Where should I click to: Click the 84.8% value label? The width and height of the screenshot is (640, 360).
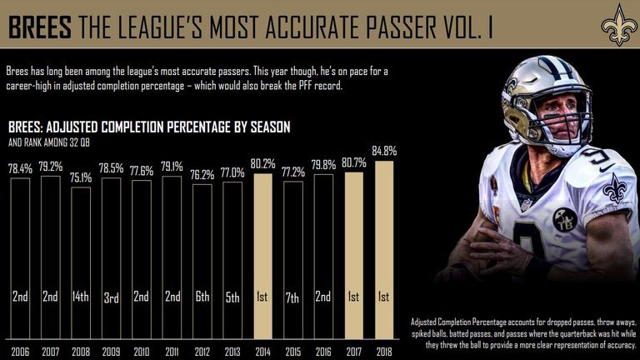click(385, 152)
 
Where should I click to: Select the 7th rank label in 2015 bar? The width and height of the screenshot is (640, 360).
click(293, 297)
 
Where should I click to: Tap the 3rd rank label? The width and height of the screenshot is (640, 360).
click(112, 297)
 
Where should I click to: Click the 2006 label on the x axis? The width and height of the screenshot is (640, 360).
click(21, 352)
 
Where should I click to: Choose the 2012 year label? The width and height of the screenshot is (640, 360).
click(202, 352)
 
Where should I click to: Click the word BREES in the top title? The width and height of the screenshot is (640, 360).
click(38, 27)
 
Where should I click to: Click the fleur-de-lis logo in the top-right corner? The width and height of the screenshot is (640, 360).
click(618, 26)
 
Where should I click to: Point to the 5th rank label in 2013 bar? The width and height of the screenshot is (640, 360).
click(232, 297)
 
